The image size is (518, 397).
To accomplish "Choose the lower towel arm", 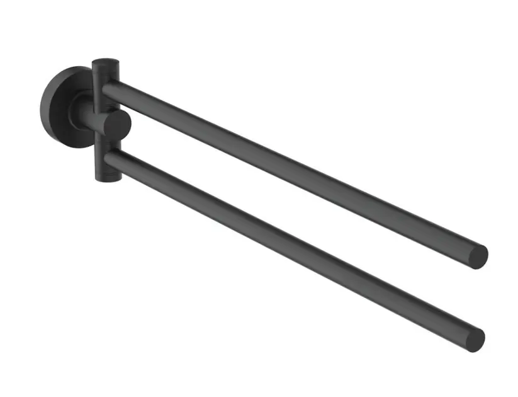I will pos(290,246).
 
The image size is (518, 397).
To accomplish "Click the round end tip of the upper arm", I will pos(478,256).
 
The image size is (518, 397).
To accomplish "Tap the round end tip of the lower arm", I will pos(475,338).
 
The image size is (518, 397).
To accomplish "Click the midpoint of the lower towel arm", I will pos(293,247).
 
